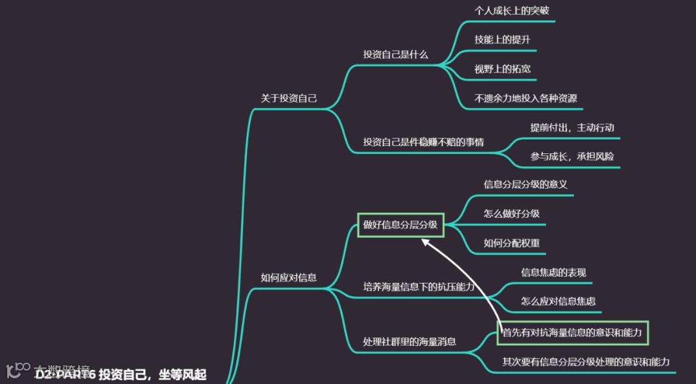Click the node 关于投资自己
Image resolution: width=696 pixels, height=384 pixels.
coord(289,99)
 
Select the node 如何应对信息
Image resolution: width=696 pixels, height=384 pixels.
coord(289,278)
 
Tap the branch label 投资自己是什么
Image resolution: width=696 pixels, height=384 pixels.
coord(395,54)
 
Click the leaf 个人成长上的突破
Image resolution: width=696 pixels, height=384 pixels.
coord(512,11)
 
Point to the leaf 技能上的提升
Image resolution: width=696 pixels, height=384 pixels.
coord(502,39)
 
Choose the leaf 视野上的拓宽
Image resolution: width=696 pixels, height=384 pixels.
coord(502,69)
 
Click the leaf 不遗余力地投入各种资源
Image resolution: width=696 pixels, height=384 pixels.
coord(525,99)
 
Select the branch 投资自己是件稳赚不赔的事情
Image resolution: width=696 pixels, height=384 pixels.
coord(423,142)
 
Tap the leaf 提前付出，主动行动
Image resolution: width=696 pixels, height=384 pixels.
coord(572,128)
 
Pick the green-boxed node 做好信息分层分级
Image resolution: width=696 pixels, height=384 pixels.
coord(400,225)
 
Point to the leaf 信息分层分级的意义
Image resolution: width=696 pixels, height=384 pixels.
coord(525,184)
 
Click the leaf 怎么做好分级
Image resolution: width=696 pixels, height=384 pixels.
coord(512,213)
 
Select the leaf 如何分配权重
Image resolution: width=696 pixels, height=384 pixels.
coord(512,243)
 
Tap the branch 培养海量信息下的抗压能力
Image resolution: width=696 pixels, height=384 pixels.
coord(418,287)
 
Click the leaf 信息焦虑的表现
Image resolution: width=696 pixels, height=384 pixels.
coord(554,273)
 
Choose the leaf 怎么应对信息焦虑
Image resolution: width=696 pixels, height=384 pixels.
coord(558,301)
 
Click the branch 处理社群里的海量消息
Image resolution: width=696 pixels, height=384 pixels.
coord(409,341)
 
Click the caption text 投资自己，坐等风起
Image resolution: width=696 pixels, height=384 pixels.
coord(152,375)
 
